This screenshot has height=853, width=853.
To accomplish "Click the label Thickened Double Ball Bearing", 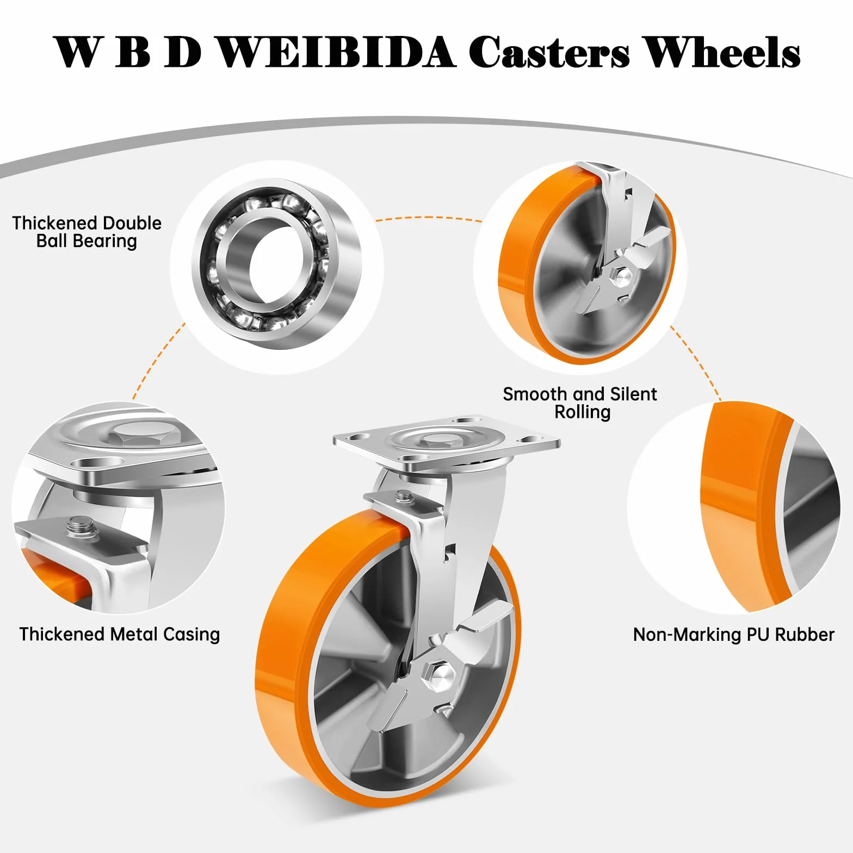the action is [x=86, y=232].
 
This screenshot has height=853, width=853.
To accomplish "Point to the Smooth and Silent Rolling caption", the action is [x=580, y=403].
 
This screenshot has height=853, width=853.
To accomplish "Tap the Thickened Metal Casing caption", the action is [x=120, y=634].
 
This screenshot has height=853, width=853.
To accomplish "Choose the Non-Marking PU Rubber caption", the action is [x=733, y=634].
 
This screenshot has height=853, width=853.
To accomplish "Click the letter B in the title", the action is [x=133, y=52].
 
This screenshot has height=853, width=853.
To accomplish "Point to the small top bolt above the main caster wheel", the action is [x=403, y=496].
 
